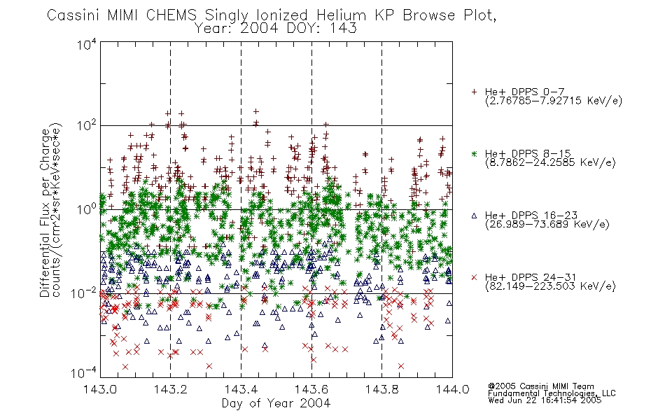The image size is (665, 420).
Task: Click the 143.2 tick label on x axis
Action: coord(170,389)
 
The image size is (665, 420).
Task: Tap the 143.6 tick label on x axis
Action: coord(311,389)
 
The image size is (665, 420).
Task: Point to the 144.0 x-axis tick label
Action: coord(452,389)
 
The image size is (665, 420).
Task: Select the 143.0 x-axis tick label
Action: coord(100,389)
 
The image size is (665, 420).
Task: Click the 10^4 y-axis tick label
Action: coord(86,44)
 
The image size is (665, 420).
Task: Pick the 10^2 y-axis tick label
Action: coord(86,126)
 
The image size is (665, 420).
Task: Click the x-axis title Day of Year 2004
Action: coord(276,403)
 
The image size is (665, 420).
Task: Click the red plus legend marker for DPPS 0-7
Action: coord(474,92)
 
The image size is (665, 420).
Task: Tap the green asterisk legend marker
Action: coord(474,154)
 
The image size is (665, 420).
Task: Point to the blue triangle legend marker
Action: coord(474,216)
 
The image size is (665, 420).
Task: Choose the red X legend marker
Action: coord(474,277)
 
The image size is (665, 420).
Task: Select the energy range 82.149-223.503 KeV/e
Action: coord(550,286)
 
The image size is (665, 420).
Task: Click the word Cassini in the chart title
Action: coord(73,15)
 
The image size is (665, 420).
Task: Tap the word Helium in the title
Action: coord(341,15)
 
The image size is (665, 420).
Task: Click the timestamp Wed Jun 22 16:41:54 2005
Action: coord(545,400)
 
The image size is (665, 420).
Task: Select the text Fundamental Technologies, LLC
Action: coord(552,393)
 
